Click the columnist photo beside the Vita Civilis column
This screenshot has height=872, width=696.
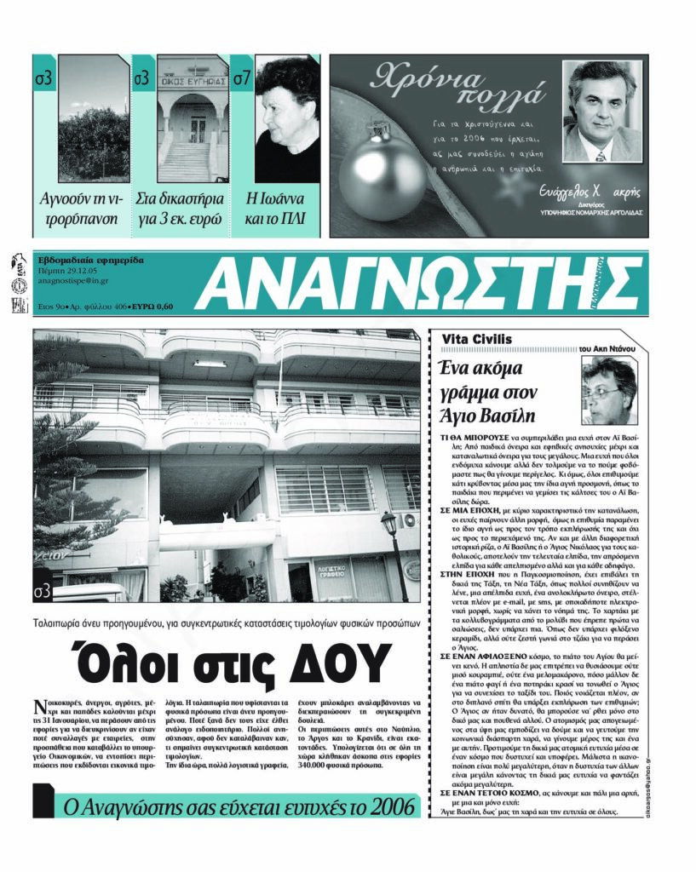(608, 391)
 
